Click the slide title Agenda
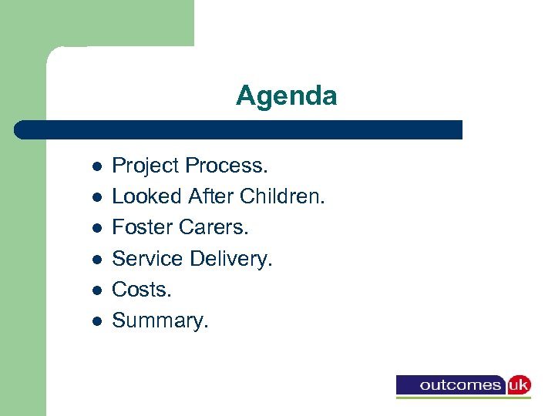point(286,96)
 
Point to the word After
point(211,197)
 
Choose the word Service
point(147,259)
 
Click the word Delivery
point(231,259)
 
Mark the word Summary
point(160,320)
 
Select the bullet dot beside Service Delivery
point(96,260)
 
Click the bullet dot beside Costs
point(96,290)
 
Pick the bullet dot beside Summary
point(96,321)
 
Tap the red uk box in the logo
point(518,384)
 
